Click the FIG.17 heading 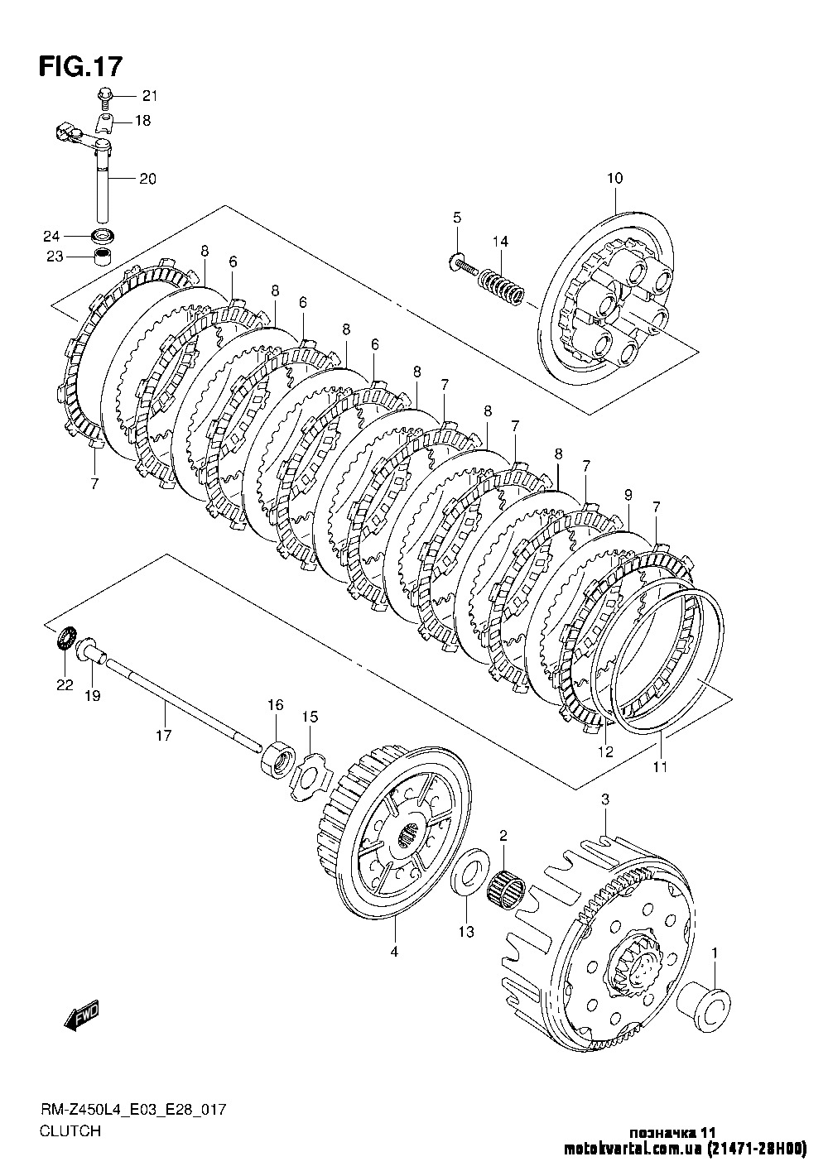(x=80, y=65)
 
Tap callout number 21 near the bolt (x=148, y=94)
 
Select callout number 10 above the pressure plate (x=614, y=178)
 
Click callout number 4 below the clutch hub (x=394, y=952)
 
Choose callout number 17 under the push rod (x=164, y=734)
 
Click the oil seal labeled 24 (x=103, y=234)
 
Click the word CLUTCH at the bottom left (x=70, y=1130)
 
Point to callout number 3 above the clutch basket (x=605, y=799)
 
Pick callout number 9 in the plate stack (x=628, y=495)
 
